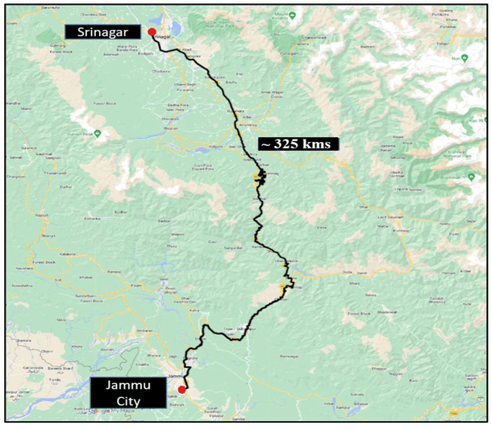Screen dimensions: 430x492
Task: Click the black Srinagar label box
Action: coord(104,32)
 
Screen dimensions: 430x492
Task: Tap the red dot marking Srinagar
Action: coord(152,31)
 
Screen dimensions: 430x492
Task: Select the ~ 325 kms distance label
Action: coord(298,144)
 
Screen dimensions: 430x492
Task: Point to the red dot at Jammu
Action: coord(181,390)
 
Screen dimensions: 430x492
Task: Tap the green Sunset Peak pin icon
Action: coord(98,133)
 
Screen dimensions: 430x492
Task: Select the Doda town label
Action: coord(348,272)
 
